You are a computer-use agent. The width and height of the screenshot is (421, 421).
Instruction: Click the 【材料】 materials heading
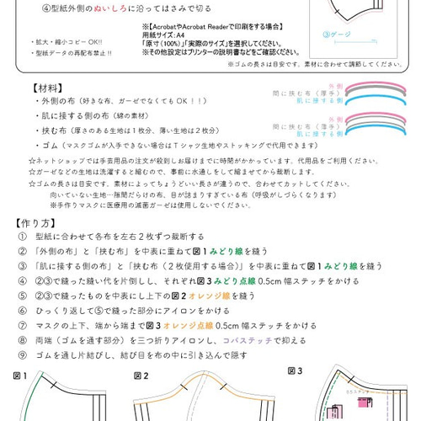50,88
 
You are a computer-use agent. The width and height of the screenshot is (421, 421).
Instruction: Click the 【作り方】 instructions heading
38,224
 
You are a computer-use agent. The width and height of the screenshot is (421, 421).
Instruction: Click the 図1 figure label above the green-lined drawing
20,376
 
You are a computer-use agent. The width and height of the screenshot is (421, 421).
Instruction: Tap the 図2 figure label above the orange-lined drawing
141,376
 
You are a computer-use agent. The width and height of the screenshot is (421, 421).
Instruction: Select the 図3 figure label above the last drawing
296,370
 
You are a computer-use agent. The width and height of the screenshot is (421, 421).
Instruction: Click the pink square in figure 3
365,405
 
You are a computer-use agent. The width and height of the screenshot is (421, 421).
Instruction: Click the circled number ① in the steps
22,237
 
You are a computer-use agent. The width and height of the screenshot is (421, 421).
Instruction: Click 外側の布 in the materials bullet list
55,101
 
